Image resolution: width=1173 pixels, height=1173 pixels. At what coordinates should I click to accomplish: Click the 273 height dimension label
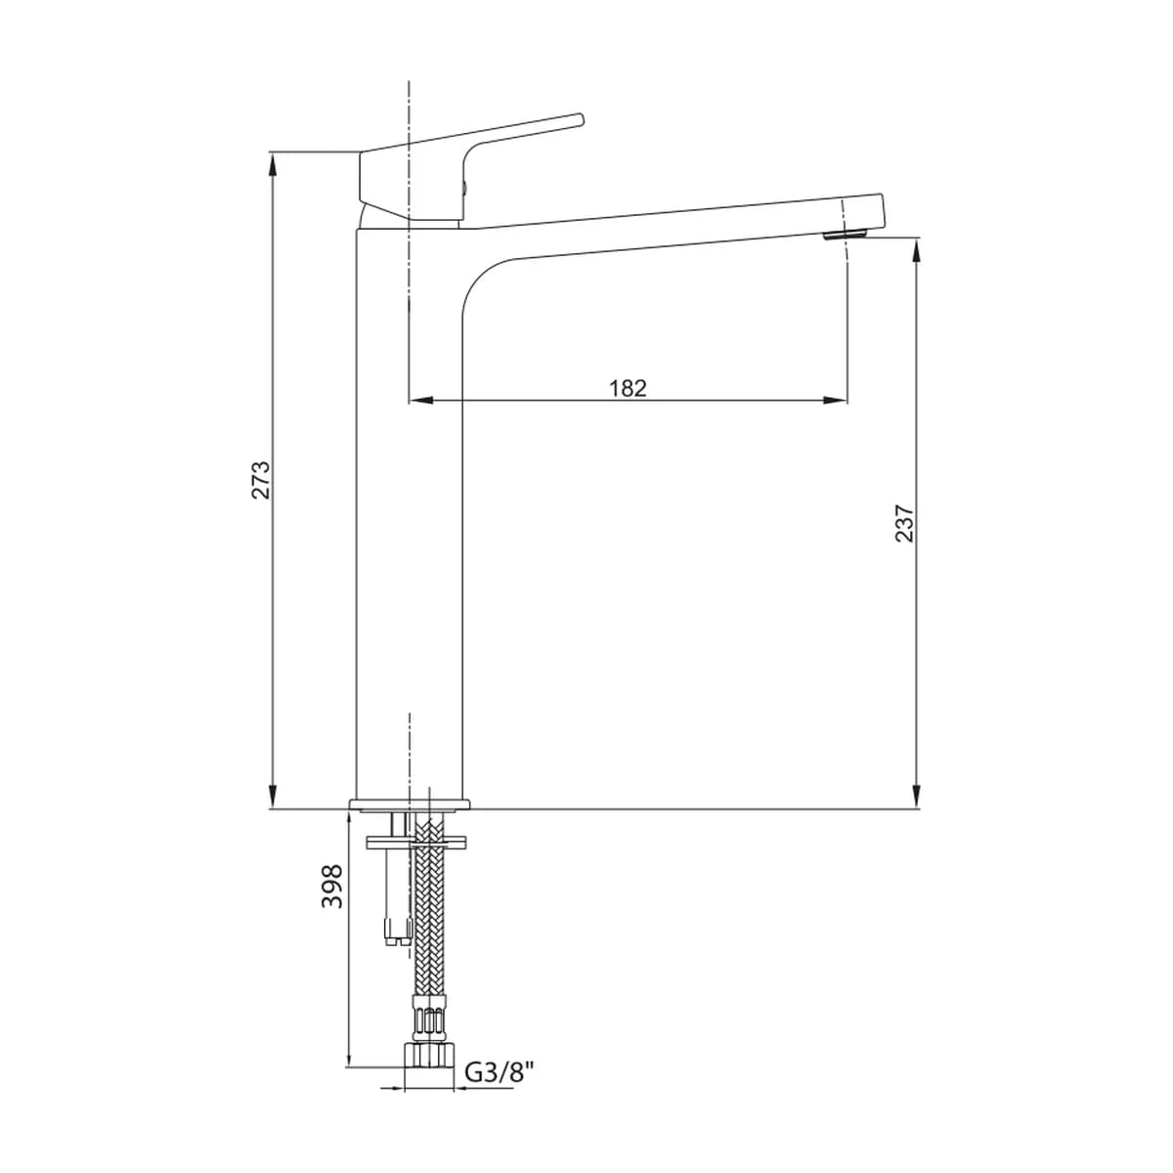click(x=262, y=480)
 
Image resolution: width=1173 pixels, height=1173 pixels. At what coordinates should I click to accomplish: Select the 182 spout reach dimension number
click(x=628, y=388)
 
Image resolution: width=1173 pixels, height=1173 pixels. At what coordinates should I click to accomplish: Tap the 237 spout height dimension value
click(x=904, y=523)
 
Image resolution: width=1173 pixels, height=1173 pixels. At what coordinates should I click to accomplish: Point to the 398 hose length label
click(x=332, y=887)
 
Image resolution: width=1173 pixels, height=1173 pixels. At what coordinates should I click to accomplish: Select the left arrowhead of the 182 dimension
click(x=420, y=400)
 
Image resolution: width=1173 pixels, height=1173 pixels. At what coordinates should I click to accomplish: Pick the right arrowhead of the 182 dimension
click(x=835, y=400)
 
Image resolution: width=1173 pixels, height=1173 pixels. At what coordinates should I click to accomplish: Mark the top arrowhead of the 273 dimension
click(x=273, y=164)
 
